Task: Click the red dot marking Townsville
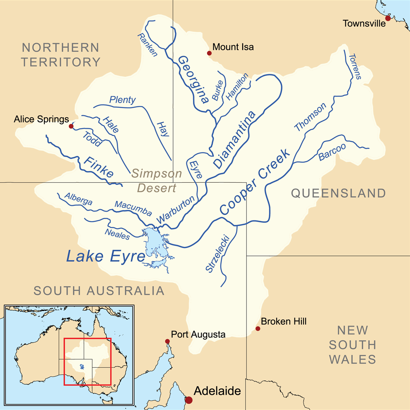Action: (x=388, y=18)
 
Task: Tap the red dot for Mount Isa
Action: (x=209, y=53)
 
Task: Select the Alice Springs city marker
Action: (x=71, y=126)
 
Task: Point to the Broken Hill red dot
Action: (x=258, y=328)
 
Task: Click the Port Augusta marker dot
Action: (x=167, y=341)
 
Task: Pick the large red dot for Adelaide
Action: (x=189, y=400)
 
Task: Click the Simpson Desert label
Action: (x=157, y=181)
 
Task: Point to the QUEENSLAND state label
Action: (x=338, y=193)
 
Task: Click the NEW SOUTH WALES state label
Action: (x=352, y=345)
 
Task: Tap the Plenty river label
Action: (x=122, y=99)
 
